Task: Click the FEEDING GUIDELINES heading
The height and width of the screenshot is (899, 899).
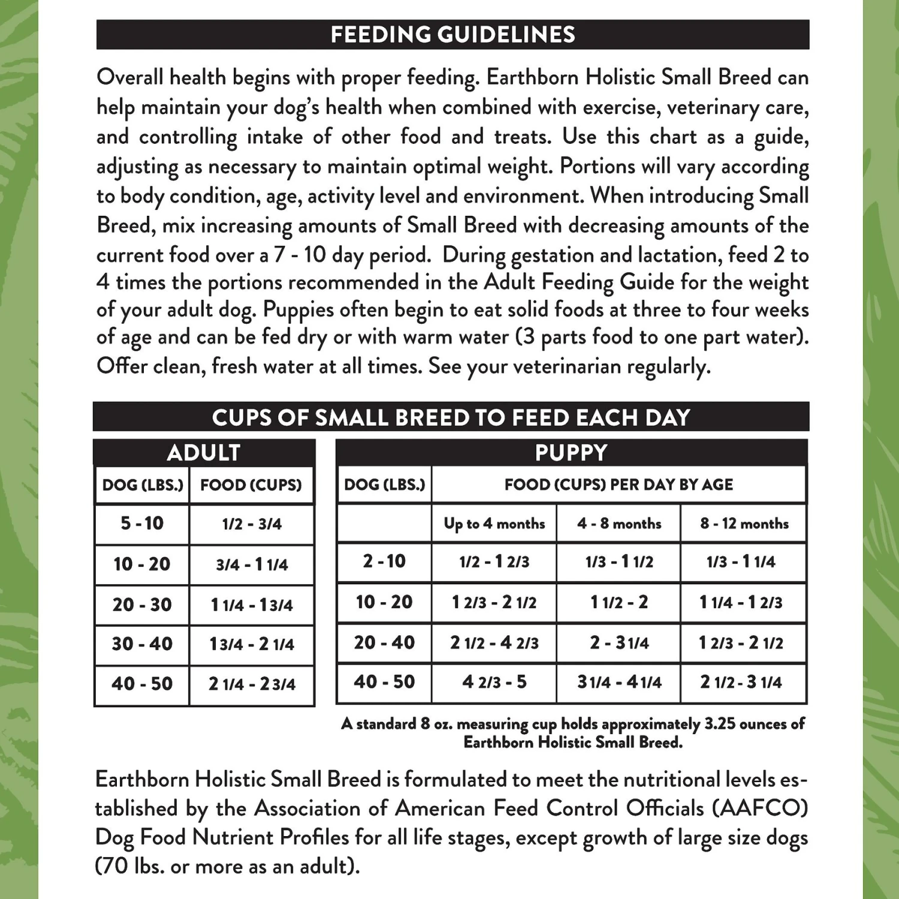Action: point(452,35)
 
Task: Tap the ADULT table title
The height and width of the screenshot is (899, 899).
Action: point(204,452)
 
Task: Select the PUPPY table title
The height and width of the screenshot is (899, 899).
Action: point(571,452)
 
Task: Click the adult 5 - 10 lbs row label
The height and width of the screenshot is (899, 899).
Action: point(142,523)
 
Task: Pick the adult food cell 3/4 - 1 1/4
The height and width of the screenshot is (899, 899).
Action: point(252,565)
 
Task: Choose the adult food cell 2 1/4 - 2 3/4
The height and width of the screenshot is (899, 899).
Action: point(252,684)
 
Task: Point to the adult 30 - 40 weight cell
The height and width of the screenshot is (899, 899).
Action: point(142,644)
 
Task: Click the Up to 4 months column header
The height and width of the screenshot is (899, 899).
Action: point(494,524)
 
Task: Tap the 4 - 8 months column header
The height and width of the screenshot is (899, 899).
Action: point(619,524)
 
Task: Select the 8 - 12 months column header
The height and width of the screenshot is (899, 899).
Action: point(744,524)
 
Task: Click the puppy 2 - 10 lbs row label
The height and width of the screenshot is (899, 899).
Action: point(384,562)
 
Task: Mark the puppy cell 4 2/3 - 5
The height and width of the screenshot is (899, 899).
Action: point(494,682)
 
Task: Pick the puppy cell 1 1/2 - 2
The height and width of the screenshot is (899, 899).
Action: point(619,602)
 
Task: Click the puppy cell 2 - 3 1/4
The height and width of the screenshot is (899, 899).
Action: point(619,643)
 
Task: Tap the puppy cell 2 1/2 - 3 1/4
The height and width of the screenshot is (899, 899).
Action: point(741,682)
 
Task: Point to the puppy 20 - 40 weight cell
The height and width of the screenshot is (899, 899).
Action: point(384,642)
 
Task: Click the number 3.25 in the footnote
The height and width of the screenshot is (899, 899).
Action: point(719,724)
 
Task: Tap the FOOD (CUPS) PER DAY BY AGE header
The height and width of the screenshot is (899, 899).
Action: point(619,484)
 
